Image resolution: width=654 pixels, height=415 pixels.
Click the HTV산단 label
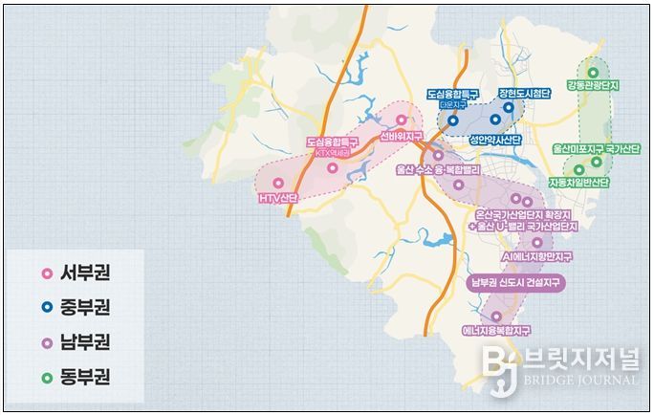[x=279, y=199]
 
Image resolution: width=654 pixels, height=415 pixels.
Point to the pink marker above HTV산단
[x=278, y=182]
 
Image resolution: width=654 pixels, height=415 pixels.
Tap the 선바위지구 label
[x=401, y=137]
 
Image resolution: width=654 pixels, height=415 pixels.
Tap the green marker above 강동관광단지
[x=593, y=72]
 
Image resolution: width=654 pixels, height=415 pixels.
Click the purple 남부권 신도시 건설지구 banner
[x=517, y=283]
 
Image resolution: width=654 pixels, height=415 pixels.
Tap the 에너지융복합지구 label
[x=496, y=330]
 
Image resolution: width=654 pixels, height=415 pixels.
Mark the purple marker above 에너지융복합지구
[x=496, y=316]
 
